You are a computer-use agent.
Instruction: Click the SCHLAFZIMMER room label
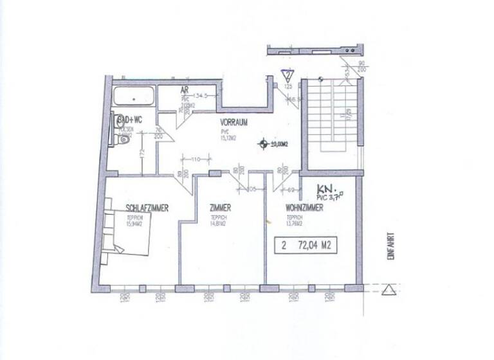point(147,208)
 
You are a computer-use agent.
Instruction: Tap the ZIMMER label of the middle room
point(220,208)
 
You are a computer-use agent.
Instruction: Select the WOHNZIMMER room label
point(305,208)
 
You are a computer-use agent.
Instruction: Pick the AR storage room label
point(184,91)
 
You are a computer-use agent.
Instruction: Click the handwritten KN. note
point(327,190)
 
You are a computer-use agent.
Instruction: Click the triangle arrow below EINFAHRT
point(388,290)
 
